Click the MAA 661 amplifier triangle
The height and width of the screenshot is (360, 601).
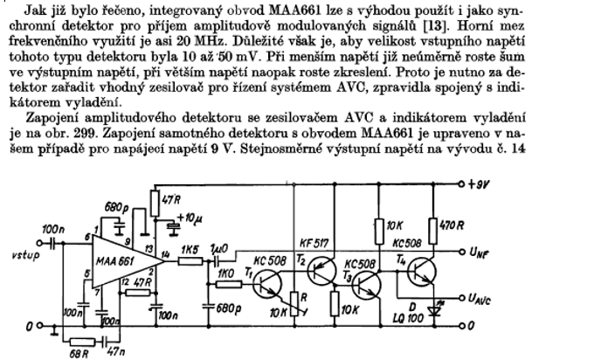pos(118,260)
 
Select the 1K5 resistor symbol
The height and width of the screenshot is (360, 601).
pos(188,260)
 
